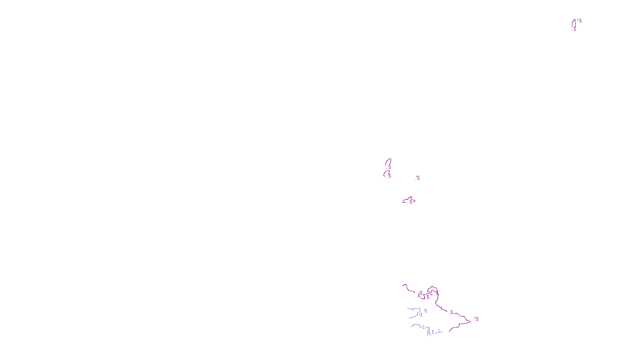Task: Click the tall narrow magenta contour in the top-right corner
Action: pos(573,23)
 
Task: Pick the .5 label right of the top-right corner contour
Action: pos(580,21)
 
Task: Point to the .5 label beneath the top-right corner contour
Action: pos(575,29)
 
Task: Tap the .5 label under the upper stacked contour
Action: pos(390,168)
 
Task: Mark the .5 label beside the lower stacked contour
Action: pos(390,176)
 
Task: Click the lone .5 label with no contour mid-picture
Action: pos(418,178)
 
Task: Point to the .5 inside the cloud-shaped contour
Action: pos(410,202)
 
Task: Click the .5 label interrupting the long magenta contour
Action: pos(452,312)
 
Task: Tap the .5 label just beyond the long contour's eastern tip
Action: pos(477,319)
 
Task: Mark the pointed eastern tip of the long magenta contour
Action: pos(470,321)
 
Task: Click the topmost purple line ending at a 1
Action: pos(412,309)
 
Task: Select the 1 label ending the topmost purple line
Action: pos(420,310)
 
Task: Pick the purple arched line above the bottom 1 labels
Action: pos(416,325)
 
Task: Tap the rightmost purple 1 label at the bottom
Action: pos(439,331)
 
